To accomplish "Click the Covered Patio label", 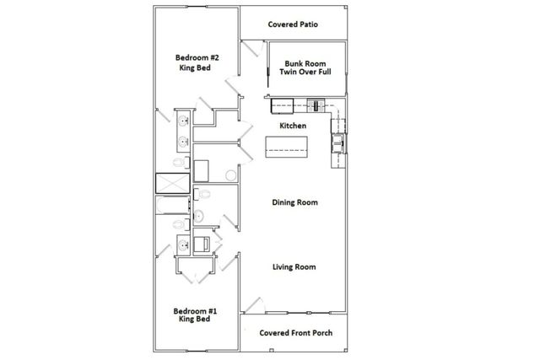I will click(x=294, y=24).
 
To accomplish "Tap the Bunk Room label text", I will click(x=305, y=63).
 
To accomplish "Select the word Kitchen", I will click(x=293, y=126).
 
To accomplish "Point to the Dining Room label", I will click(x=294, y=202).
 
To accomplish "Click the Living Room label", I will click(x=294, y=267).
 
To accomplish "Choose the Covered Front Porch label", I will click(x=295, y=332).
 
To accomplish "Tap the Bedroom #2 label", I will click(x=197, y=57).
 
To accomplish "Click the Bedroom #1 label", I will click(x=197, y=310).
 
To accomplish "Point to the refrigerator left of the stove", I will click(x=281, y=105).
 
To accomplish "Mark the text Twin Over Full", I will click(x=305, y=73).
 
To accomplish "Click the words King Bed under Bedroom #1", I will click(x=197, y=320).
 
